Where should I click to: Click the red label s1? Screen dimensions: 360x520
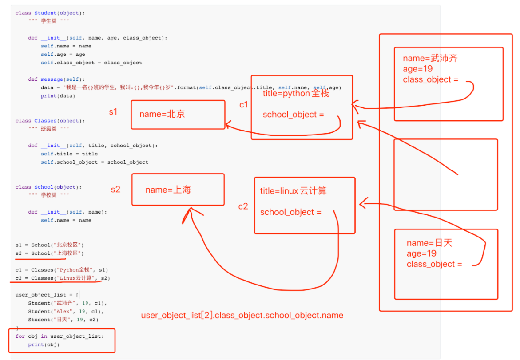coord(113,111)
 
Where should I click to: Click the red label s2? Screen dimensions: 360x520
coord(115,190)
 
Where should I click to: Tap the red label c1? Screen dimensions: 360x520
coord(244,105)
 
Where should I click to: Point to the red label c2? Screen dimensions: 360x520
coord(243,206)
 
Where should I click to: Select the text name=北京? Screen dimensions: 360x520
coord(162,114)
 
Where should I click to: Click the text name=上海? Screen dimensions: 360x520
coord(168,190)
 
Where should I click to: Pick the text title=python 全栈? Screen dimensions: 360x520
coord(296,94)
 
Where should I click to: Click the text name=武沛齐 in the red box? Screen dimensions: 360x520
coord(430,58)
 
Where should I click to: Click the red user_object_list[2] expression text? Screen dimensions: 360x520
coord(242,316)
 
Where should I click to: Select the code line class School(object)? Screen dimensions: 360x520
coord(48,187)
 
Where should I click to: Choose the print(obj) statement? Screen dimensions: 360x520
coord(44,345)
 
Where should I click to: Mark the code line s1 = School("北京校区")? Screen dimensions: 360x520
coord(49,245)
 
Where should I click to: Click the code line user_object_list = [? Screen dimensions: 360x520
coord(47,295)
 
